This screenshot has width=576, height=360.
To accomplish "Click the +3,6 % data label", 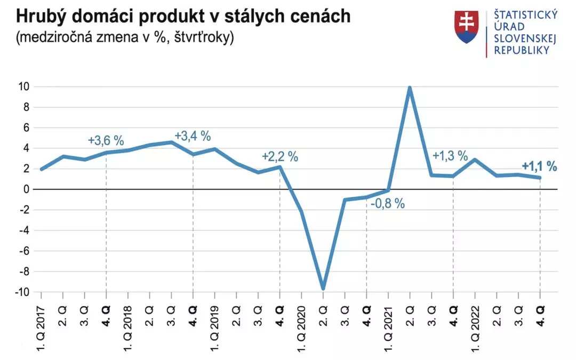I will click(x=106, y=141).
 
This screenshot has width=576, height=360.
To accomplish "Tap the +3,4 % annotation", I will click(x=193, y=137).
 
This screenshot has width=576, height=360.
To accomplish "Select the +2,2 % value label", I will click(x=280, y=157).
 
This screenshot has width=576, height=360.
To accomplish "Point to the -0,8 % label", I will click(x=387, y=203).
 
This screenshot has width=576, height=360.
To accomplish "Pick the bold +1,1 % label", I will click(x=539, y=166).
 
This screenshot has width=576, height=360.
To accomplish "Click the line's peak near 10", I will click(x=410, y=88).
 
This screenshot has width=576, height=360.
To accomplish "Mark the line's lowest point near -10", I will click(x=323, y=288).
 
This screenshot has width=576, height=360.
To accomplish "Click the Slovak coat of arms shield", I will click(x=467, y=27).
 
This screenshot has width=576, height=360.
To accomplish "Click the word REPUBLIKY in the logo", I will click(x=522, y=50).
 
